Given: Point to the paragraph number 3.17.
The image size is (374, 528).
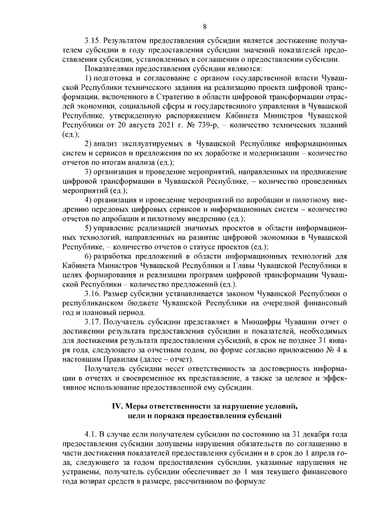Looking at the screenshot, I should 93,321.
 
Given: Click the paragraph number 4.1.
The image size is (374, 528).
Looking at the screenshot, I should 91,435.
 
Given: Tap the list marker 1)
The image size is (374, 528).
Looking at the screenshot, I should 88,78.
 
